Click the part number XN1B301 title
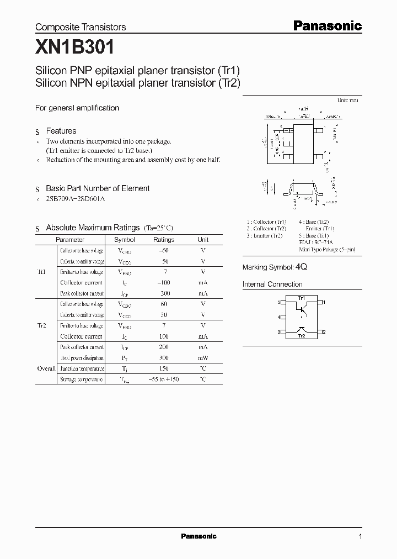coord(74,48)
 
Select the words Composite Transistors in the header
coord(81,27)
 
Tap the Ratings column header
coord(163,240)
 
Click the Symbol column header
coord(124,240)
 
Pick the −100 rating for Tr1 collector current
coord(164,283)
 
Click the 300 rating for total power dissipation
coord(164,358)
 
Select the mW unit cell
coord(203,358)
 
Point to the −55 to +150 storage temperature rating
coord(164,379)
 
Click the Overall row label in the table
coord(46,368)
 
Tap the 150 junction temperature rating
coord(164,368)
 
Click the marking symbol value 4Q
coord(301,267)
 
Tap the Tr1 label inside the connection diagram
coord(301,299)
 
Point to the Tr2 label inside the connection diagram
coord(301,336)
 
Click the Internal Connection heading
coord(272,284)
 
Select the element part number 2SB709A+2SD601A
coord(75,198)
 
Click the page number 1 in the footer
coord(360,537)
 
